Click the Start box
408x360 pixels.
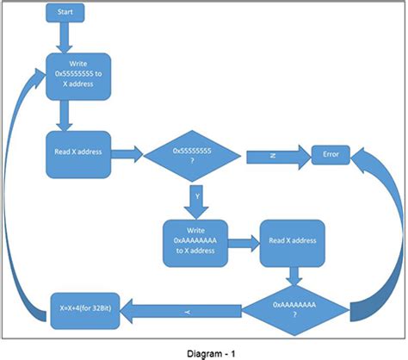64,14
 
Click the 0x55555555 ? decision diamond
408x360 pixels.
193,156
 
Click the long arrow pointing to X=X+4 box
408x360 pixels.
189,307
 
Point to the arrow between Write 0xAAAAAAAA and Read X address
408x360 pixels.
244,242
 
